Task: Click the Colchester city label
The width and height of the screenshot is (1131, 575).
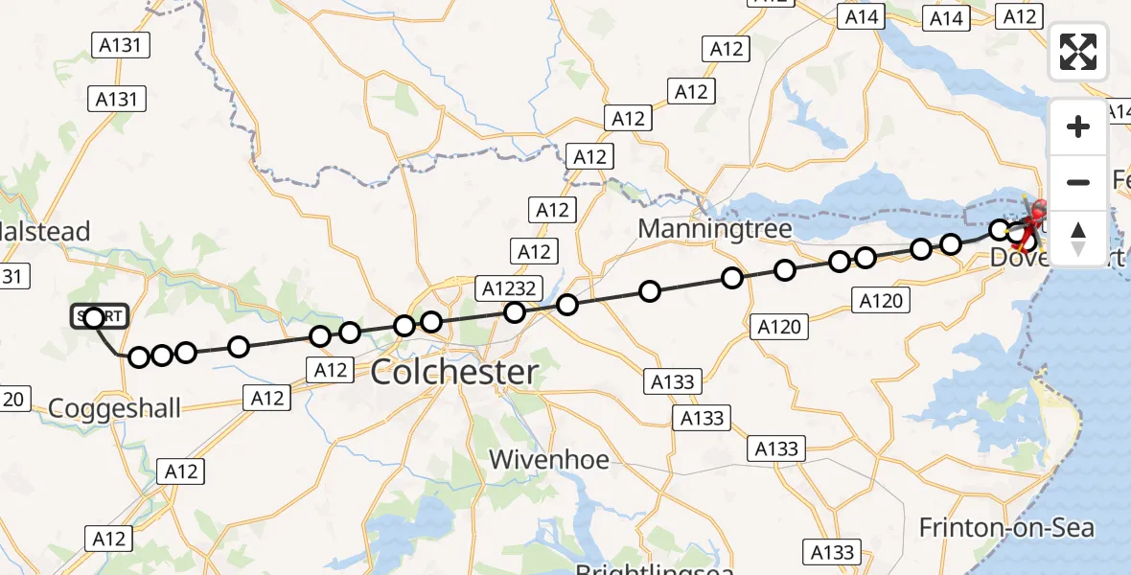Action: coord(454,372)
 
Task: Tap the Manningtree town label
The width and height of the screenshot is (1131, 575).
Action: coord(714,229)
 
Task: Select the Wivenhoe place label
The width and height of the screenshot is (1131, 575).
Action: coord(549,460)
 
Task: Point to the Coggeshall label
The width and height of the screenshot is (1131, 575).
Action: coord(114,408)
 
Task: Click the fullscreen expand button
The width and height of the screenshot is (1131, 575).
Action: coord(1078,52)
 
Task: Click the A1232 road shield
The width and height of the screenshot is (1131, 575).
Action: coord(511,287)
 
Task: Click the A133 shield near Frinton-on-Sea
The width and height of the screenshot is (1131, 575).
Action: coord(831,552)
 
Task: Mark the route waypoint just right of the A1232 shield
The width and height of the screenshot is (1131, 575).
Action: coord(567,305)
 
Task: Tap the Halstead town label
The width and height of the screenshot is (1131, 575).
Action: coord(45,231)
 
